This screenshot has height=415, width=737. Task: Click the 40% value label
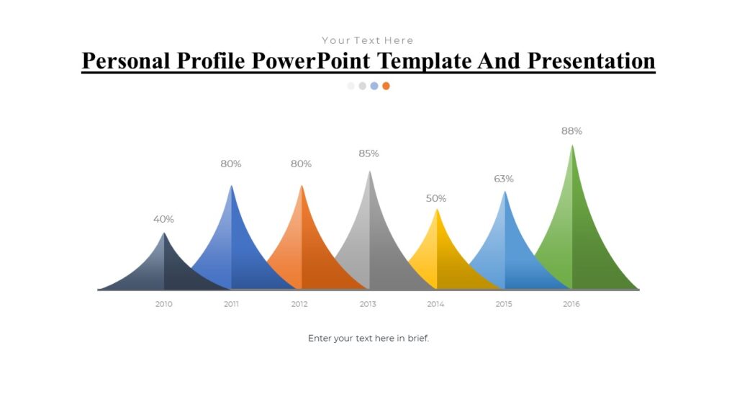pyautogui.click(x=163, y=219)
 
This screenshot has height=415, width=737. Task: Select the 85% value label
pyautogui.click(x=368, y=153)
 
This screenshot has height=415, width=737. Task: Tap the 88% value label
pyautogui.click(x=571, y=131)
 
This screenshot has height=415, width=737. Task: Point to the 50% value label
pyautogui.click(x=436, y=198)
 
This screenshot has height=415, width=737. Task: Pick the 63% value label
pyautogui.click(x=504, y=179)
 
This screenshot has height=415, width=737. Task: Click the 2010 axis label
pyautogui.click(x=164, y=304)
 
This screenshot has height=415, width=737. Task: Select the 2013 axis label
pyautogui.click(x=368, y=304)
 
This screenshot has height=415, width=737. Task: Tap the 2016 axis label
pyautogui.click(x=571, y=304)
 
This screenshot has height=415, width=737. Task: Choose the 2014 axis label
pyautogui.click(x=435, y=304)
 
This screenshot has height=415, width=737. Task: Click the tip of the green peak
pyautogui.click(x=572, y=146)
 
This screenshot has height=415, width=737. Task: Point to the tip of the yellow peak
pyautogui.click(x=437, y=210)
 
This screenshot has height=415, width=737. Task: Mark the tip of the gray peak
pyautogui.click(x=370, y=171)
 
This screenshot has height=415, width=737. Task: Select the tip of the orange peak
pyautogui.click(x=302, y=186)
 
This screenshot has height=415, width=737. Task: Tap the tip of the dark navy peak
pyautogui.click(x=164, y=233)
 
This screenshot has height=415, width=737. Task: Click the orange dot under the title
pyautogui.click(x=386, y=86)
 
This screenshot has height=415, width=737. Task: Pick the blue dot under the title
pyautogui.click(x=374, y=86)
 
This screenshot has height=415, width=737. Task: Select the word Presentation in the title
pyautogui.click(x=591, y=61)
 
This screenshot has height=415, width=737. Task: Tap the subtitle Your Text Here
pyautogui.click(x=368, y=40)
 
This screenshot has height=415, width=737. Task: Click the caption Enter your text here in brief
pyautogui.click(x=368, y=338)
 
